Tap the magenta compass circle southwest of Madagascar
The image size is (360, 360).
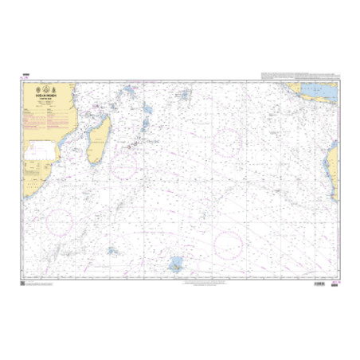(x=60, y=221)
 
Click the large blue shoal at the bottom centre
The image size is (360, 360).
(x=174, y=264)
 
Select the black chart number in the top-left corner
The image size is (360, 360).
(x=25, y=74)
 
